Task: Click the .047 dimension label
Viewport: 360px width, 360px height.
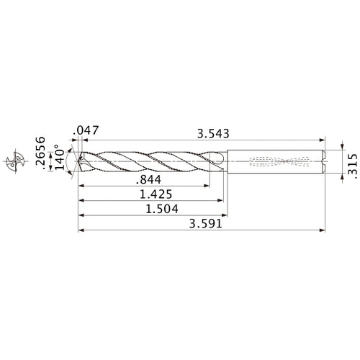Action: tap(86, 132)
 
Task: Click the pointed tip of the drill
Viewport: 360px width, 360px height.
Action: tap(78, 161)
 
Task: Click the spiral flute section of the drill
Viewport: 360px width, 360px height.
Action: tap(151, 161)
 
